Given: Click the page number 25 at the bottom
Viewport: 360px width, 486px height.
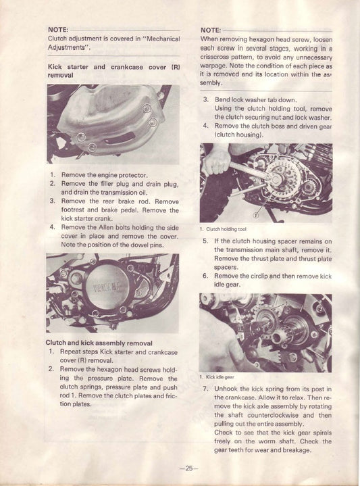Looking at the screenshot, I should click(186, 468).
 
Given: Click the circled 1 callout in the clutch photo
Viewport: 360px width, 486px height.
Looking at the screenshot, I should click(255, 215).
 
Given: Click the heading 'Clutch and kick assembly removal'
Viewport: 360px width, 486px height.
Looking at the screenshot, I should click(99, 343).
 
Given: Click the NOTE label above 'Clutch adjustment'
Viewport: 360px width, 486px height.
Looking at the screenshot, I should click(58, 30).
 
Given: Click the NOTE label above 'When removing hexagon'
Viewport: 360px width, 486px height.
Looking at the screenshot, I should click(211, 30).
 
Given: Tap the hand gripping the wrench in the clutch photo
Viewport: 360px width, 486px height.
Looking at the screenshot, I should click(217, 160).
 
